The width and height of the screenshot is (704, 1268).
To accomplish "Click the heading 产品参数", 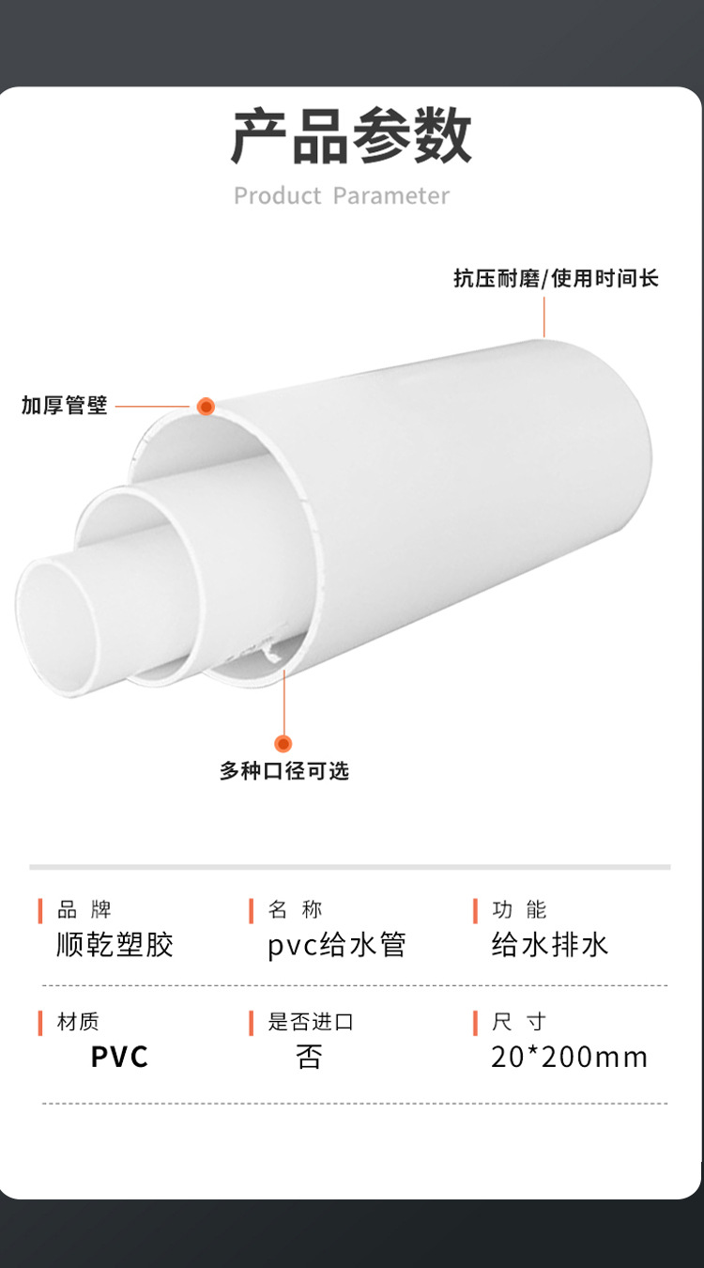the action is tap(351, 137).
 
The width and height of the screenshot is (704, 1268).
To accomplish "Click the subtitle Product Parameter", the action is tap(342, 196).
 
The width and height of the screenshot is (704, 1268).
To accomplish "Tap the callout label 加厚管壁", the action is tap(65, 406).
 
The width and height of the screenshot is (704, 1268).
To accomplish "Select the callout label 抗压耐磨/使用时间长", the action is tap(556, 279).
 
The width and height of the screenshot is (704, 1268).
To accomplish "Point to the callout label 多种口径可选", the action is tap(284, 771).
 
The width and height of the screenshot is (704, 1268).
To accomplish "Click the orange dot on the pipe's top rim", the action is tap(206, 407).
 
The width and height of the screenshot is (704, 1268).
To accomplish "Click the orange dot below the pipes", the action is tap(283, 744).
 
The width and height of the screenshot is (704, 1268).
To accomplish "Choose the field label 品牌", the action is tap(84, 909).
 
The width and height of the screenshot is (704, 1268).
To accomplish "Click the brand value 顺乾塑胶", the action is tap(115, 945).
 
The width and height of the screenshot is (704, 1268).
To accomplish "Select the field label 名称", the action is tap(295, 909).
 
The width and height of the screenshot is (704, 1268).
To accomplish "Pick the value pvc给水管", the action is tap(337, 945).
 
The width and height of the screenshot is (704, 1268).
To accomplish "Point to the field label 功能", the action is tap(519, 909).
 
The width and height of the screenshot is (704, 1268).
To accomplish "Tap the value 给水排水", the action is tap(550, 945).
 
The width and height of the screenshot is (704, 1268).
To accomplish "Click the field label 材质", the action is tap(78, 1022).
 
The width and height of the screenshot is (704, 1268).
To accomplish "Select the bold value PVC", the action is tap(119, 1058).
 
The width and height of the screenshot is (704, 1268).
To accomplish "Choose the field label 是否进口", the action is tap(311, 1022).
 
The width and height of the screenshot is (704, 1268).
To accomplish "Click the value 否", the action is tap(309, 1058).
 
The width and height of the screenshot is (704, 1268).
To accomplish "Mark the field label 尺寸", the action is tap(519, 1022).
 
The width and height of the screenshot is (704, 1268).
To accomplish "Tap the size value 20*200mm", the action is tap(569, 1058).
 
